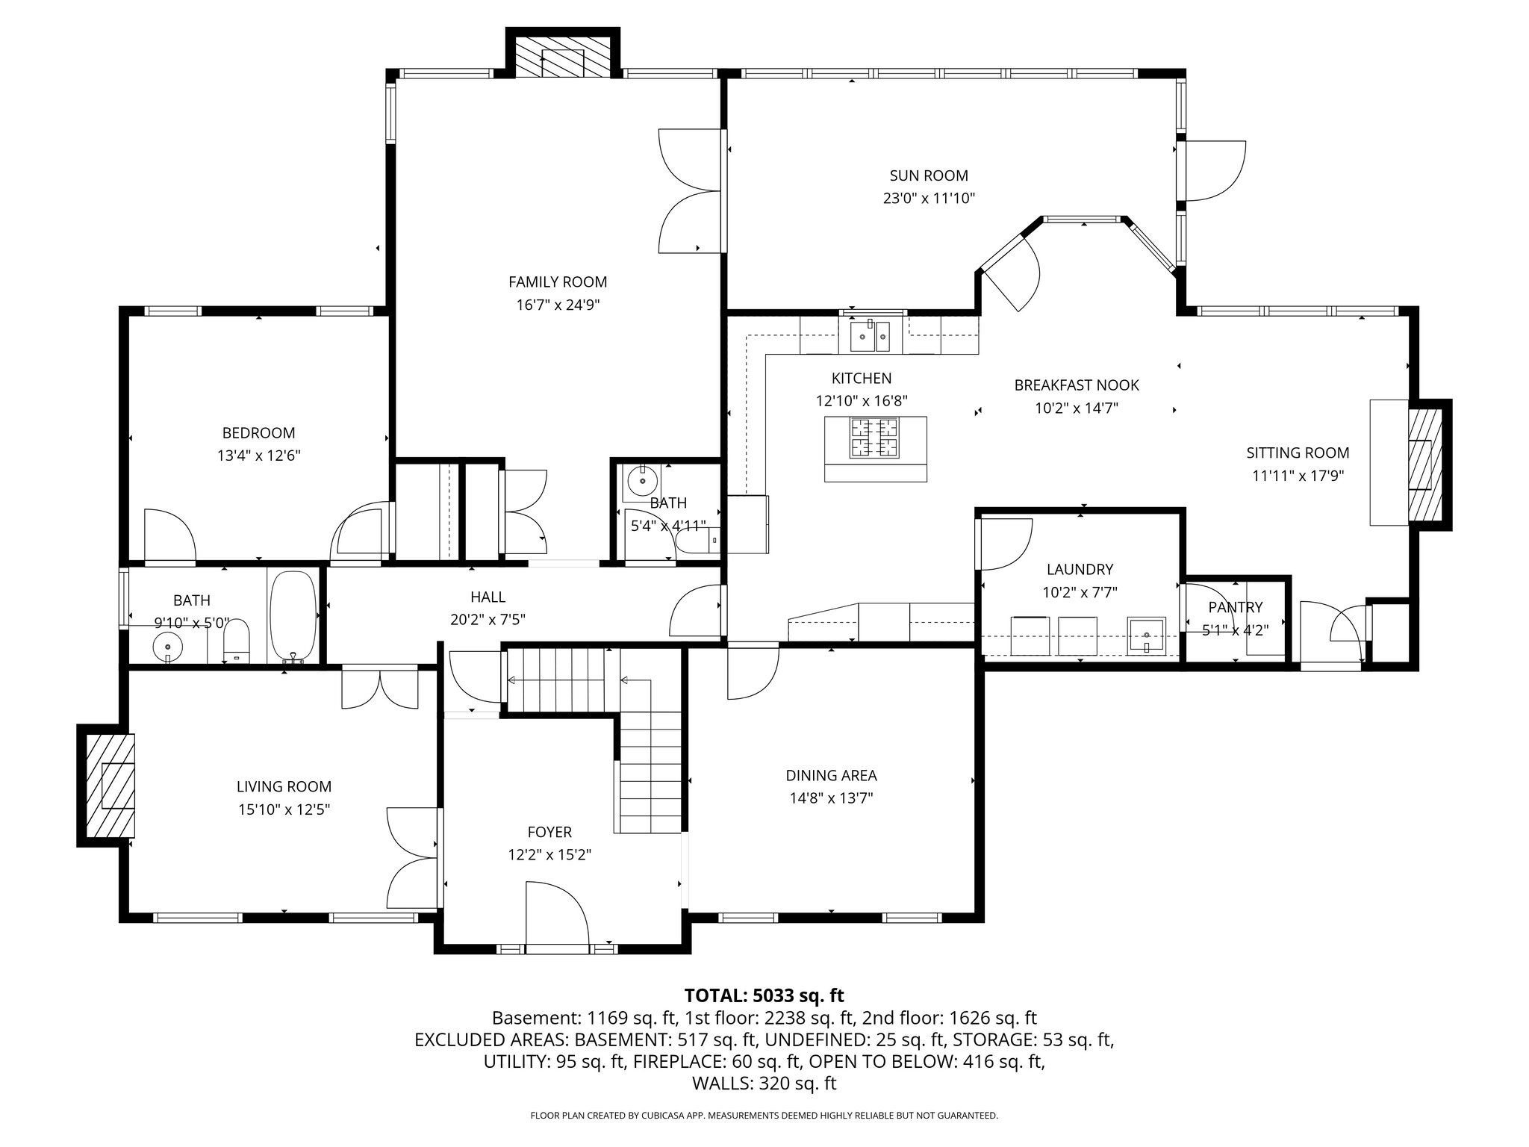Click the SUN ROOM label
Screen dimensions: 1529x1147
tap(929, 175)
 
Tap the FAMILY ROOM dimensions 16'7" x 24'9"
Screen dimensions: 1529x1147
tap(558, 305)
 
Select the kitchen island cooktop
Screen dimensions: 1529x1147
tap(876, 438)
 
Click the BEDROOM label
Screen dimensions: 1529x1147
tap(258, 433)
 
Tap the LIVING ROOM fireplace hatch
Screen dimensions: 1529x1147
tap(110, 786)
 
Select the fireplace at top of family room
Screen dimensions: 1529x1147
tap(563, 55)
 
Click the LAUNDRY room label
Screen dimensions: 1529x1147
tap(1080, 570)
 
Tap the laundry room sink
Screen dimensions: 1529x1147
tap(1146, 635)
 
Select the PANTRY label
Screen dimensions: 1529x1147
tap(1236, 607)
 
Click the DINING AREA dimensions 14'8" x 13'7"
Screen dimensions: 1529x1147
tap(832, 798)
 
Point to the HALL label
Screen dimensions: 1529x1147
tap(488, 597)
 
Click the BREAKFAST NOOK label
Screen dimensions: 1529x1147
tap(1077, 385)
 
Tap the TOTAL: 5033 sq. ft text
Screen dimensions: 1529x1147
tap(764, 995)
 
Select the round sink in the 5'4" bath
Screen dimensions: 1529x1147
tap(642, 482)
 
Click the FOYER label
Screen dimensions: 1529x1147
tap(549, 832)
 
